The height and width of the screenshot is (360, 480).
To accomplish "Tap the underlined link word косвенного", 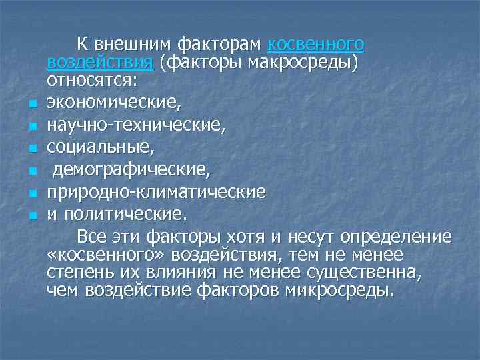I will click(316, 45).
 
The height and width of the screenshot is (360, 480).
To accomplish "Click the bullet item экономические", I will click(113, 103).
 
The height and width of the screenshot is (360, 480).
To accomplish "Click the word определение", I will click(396, 237).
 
